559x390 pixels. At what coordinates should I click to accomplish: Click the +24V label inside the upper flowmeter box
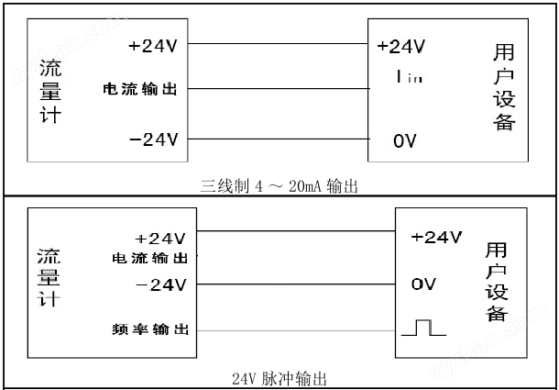pyautogui.click(x=153, y=47)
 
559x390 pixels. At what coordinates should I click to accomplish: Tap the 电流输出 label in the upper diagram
pyautogui.click(x=139, y=89)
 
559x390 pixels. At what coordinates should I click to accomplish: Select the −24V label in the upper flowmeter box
pyautogui.click(x=153, y=139)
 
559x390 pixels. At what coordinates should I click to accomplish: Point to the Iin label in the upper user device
pyautogui.click(x=410, y=76)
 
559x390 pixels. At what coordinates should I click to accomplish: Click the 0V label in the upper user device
pyautogui.click(x=405, y=141)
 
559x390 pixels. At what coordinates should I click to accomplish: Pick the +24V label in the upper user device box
pyautogui.click(x=401, y=47)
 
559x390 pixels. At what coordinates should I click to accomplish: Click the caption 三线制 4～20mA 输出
pyautogui.click(x=279, y=186)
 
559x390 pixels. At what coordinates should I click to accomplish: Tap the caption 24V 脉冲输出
pyautogui.click(x=279, y=379)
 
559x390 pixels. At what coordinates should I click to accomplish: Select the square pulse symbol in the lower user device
pyautogui.click(x=423, y=328)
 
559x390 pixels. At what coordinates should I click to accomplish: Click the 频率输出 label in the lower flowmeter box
pyautogui.click(x=150, y=329)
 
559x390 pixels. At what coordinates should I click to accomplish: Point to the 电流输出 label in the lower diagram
pyautogui.click(x=149, y=258)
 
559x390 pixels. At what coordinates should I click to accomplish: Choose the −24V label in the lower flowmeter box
pyautogui.click(x=160, y=285)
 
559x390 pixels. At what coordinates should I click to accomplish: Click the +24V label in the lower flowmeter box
pyautogui.click(x=160, y=239)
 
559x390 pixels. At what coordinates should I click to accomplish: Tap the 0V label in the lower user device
pyautogui.click(x=423, y=284)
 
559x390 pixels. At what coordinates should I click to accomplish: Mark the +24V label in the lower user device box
pyautogui.click(x=436, y=237)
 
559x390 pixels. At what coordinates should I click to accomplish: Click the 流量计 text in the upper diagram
pyautogui.click(x=50, y=92)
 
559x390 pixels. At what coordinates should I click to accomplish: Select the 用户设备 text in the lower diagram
pyautogui.click(x=497, y=283)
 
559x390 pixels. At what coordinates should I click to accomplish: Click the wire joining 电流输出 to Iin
pyautogui.click(x=279, y=89)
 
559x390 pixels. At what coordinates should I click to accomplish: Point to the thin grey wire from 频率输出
pyautogui.click(x=296, y=330)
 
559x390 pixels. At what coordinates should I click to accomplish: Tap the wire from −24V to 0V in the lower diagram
pyautogui.click(x=296, y=284)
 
